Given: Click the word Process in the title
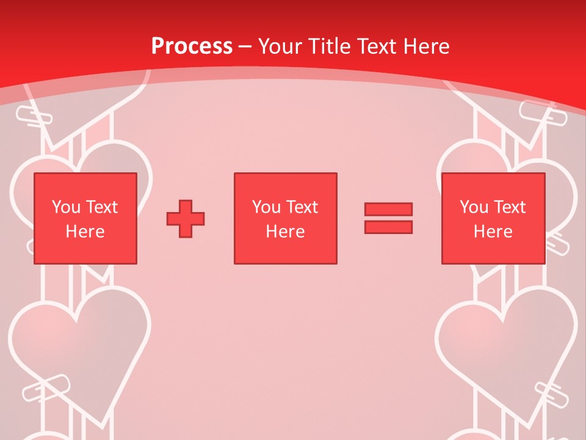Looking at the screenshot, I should click(x=192, y=46).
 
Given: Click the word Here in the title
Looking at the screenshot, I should click(x=426, y=46).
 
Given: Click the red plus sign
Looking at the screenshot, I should click(x=186, y=219).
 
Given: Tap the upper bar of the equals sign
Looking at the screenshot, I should click(x=388, y=209).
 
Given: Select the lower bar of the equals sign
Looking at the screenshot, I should click(x=388, y=227).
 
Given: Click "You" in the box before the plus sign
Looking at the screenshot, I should click(x=65, y=207).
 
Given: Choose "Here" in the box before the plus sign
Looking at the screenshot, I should click(x=85, y=232).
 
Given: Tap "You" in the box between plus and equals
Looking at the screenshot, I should click(x=266, y=207).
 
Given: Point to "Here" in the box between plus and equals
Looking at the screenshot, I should click(x=285, y=232).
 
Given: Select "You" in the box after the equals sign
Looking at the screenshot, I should click(x=474, y=207).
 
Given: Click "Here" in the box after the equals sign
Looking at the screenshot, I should click(x=493, y=232).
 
